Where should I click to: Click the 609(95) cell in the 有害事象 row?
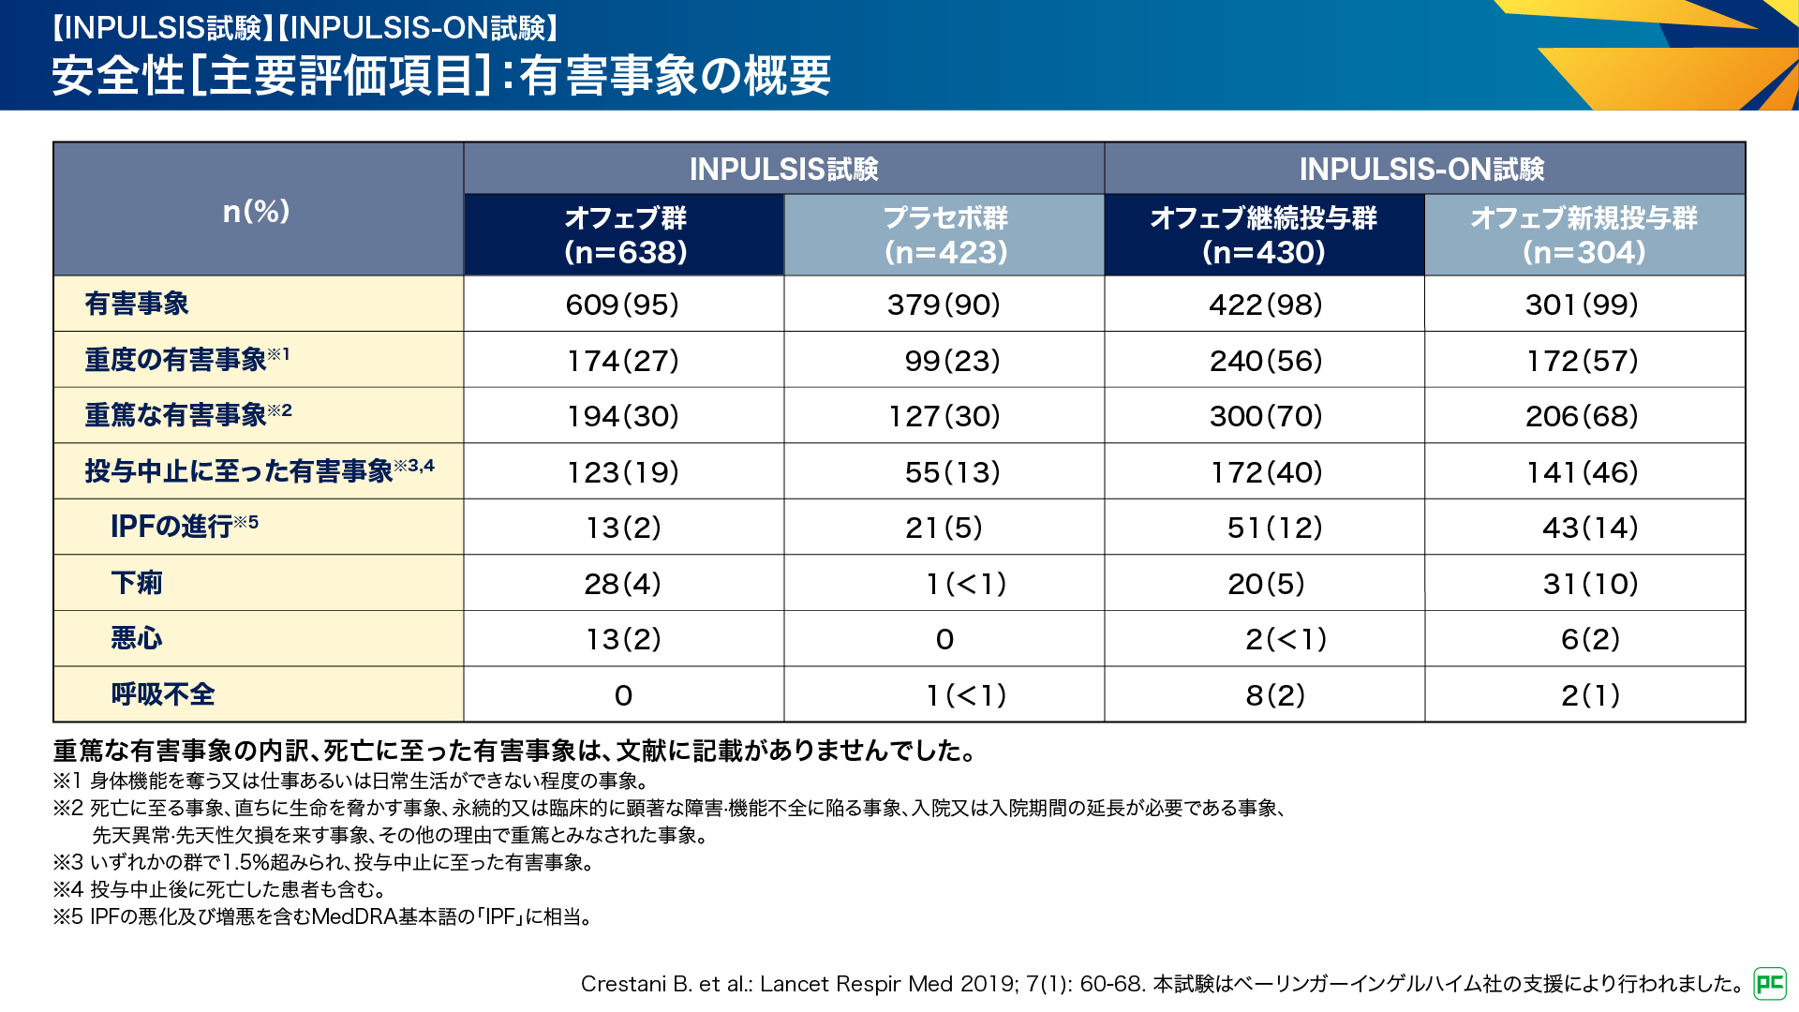coord(622,305)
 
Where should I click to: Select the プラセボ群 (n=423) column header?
coord(944,235)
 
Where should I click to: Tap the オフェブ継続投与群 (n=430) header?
coord(1264,235)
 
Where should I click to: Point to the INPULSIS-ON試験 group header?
coord(1422,170)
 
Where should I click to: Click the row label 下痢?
coord(137,583)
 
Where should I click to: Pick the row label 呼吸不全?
coord(163,694)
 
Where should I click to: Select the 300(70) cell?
coord(1266,416)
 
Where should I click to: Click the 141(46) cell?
coord(1583,472)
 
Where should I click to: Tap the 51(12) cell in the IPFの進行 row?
coord(1274,528)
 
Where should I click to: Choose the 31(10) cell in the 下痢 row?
coord(1590,584)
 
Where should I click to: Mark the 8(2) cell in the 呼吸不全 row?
coord(1275,695)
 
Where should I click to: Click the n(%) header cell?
coord(257,211)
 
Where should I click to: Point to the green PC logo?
coord(1770,983)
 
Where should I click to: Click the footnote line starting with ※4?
coord(219,889)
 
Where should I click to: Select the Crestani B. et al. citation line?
coord(1162,984)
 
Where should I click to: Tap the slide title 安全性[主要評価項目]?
coord(440,75)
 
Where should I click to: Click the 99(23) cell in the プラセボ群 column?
coord(952,361)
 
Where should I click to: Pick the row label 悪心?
coord(137,639)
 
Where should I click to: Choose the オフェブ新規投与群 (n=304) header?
coord(1583,235)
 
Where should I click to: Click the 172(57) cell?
coord(1583,361)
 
